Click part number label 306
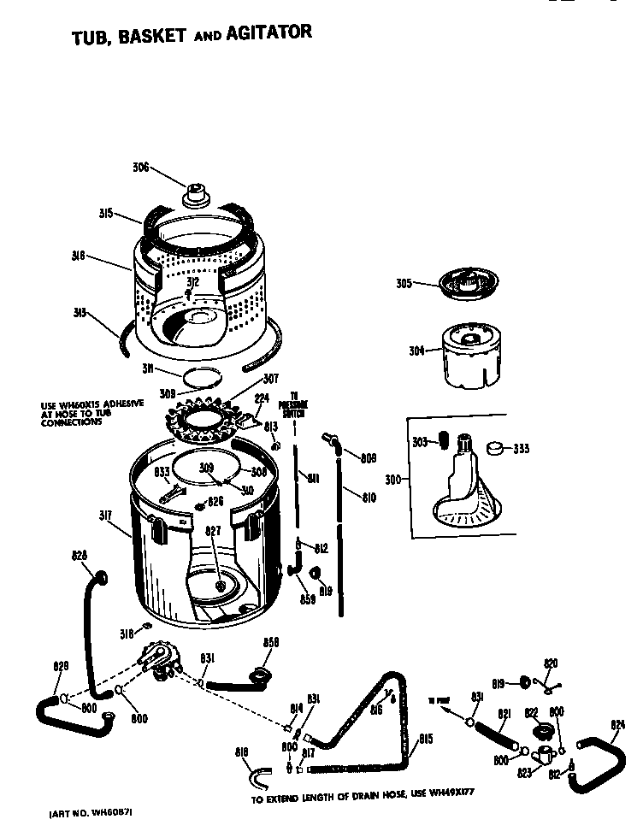tap(140, 168)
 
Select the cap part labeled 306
tap(197, 195)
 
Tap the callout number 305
tap(404, 285)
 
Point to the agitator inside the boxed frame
tap(465, 487)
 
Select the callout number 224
tap(263, 398)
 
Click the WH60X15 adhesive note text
tap(92, 413)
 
